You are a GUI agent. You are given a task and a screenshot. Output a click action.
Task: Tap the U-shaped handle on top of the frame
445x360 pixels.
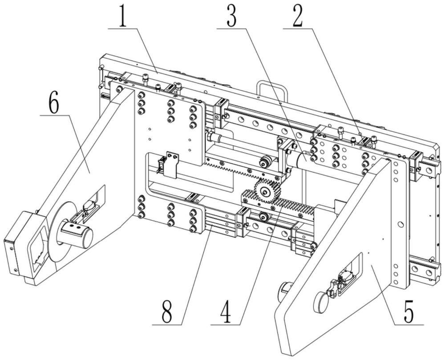(272, 89)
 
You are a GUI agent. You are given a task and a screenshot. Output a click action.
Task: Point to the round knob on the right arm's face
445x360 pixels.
(320, 302)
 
